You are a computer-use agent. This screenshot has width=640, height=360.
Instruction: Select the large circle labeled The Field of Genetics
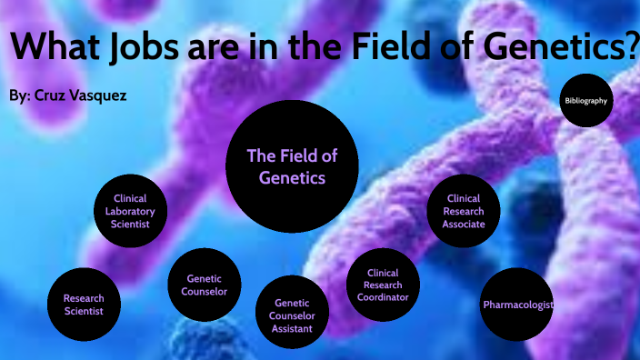pyautogui.click(x=292, y=167)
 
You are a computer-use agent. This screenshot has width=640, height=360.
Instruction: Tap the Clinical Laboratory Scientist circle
pyautogui.click(x=131, y=211)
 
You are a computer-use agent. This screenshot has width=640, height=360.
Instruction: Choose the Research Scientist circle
pyautogui.click(x=84, y=304)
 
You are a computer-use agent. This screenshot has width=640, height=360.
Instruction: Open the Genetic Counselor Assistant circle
pyautogui.click(x=292, y=315)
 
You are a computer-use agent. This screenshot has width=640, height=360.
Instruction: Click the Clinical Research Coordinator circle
pyautogui.click(x=382, y=285)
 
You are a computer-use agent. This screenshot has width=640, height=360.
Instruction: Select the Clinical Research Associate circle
pyautogui.click(x=464, y=211)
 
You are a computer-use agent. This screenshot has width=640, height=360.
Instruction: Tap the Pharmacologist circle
pyautogui.click(x=517, y=305)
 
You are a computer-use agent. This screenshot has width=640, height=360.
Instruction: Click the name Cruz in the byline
pyautogui.click(x=52, y=95)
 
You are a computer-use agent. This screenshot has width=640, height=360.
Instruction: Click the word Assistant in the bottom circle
pyautogui.click(x=292, y=328)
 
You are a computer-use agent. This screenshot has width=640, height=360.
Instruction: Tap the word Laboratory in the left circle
pyautogui.click(x=131, y=211)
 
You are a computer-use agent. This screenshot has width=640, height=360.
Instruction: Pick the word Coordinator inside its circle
pyautogui.click(x=382, y=297)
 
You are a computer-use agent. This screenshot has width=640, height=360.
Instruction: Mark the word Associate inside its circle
pyautogui.click(x=464, y=224)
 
